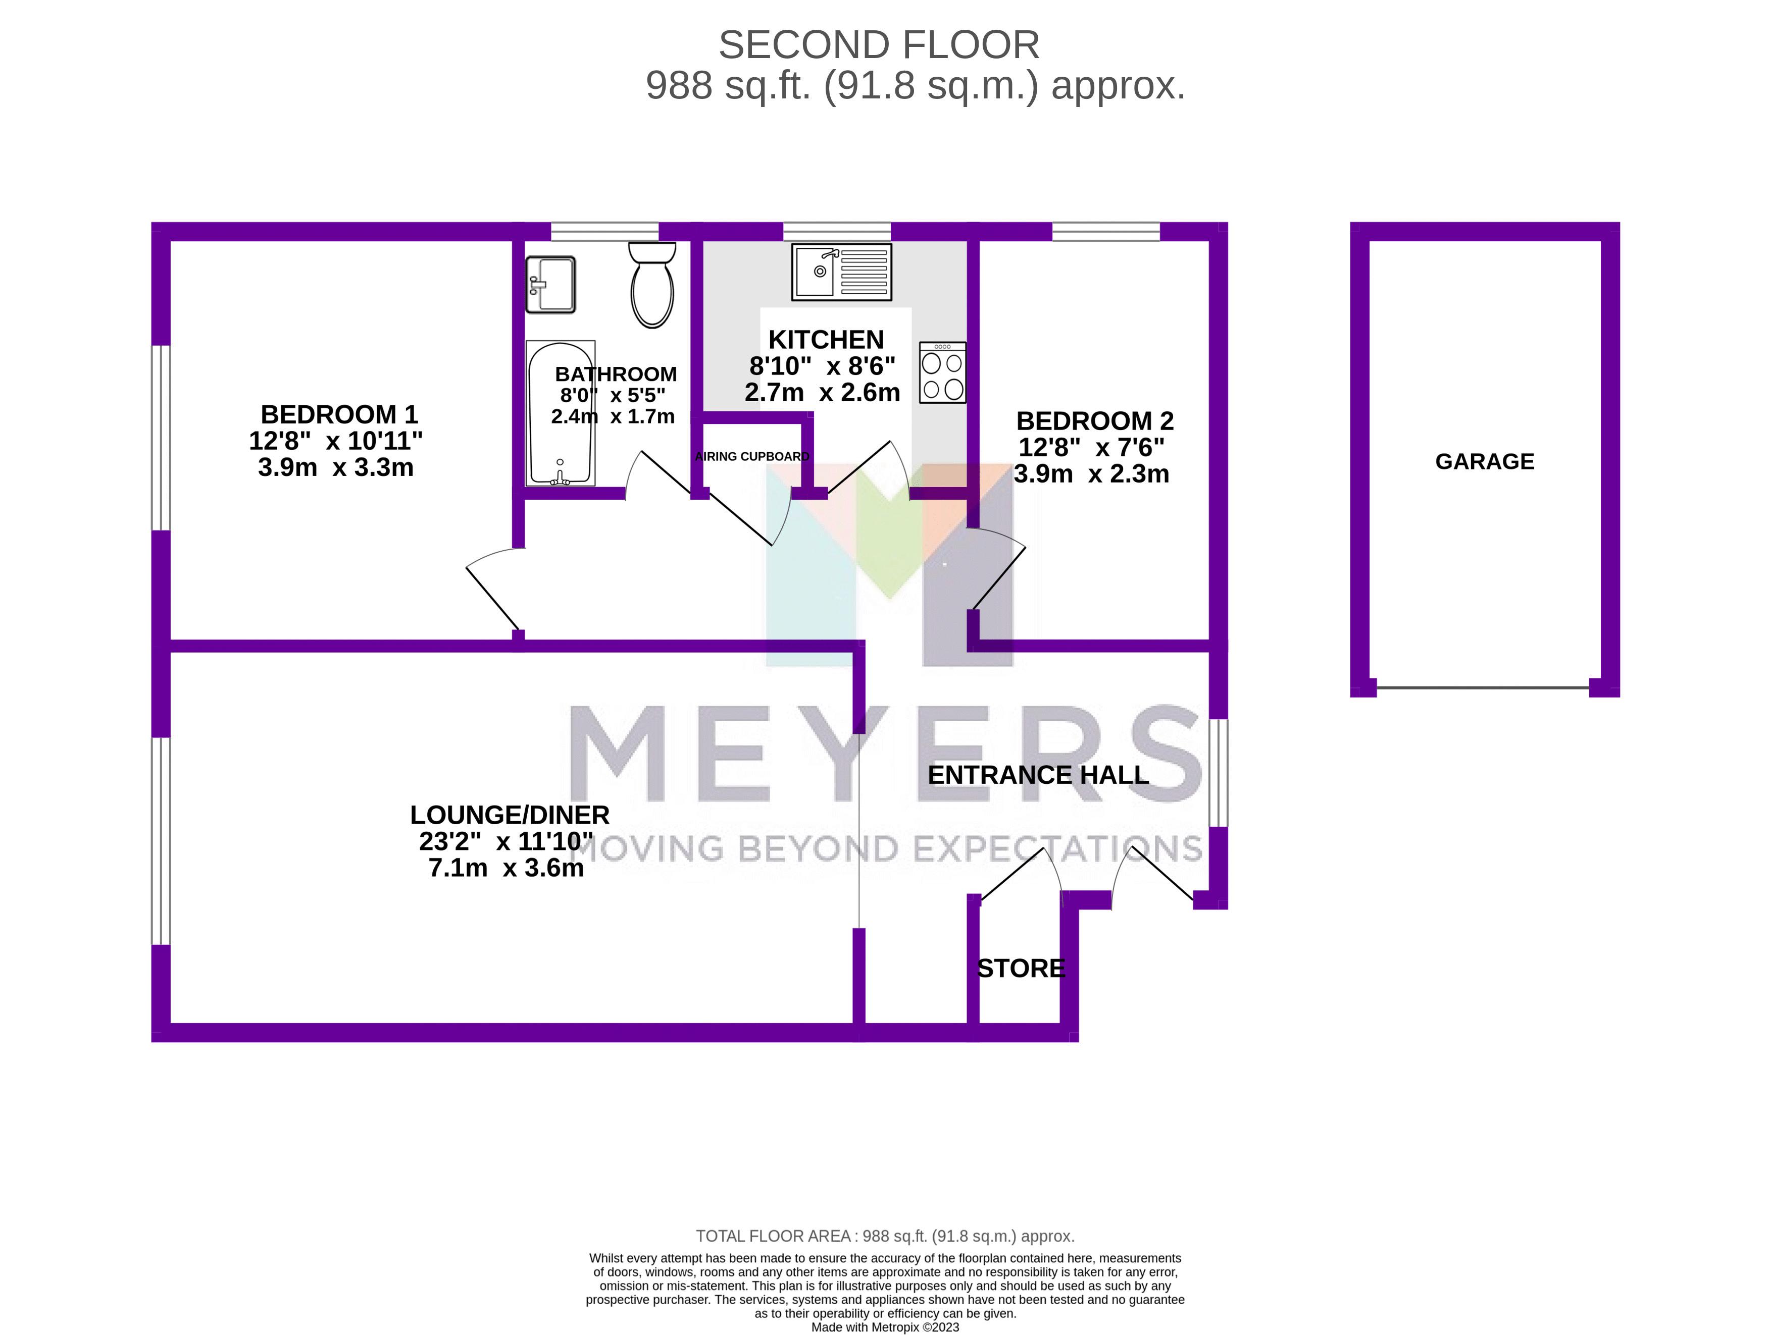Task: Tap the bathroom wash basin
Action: click(x=550, y=284)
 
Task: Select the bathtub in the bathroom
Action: click(x=560, y=414)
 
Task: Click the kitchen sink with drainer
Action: click(x=841, y=272)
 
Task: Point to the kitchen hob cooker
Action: click(x=942, y=373)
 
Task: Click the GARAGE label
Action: click(x=1484, y=462)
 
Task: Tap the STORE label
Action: click(x=1021, y=969)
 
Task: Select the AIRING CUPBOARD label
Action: click(x=752, y=457)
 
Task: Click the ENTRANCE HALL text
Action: click(x=1038, y=775)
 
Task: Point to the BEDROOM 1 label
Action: click(x=339, y=414)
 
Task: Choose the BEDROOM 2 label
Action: click(x=1094, y=421)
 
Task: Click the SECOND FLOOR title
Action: click(x=878, y=45)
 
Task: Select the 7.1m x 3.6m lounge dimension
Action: click(x=506, y=868)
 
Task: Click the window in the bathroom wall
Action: click(x=604, y=231)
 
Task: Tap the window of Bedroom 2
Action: click(x=1105, y=231)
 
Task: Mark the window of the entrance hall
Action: click(x=1218, y=772)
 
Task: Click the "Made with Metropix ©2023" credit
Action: click(x=885, y=1327)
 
